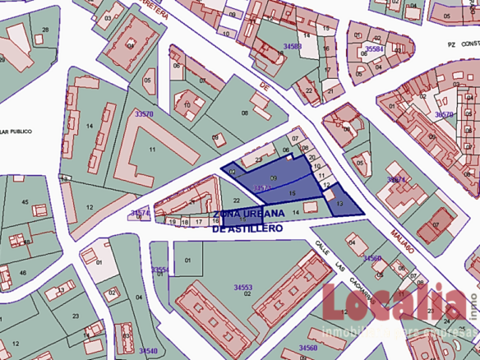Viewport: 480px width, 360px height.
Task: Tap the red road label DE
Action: pos(265,85)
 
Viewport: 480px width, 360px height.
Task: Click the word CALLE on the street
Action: pos(324,246)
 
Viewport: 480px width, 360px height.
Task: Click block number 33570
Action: pos(143,114)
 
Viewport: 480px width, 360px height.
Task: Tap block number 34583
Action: pos(291,46)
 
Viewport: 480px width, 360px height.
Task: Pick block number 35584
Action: pos(375,49)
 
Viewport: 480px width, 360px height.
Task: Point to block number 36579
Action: pos(445,114)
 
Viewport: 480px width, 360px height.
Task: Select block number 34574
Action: pos(141,213)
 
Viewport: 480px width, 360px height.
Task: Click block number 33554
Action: pos(159,270)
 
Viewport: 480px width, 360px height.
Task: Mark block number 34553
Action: pos(242,288)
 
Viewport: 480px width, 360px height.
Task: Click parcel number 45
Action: pos(25,201)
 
